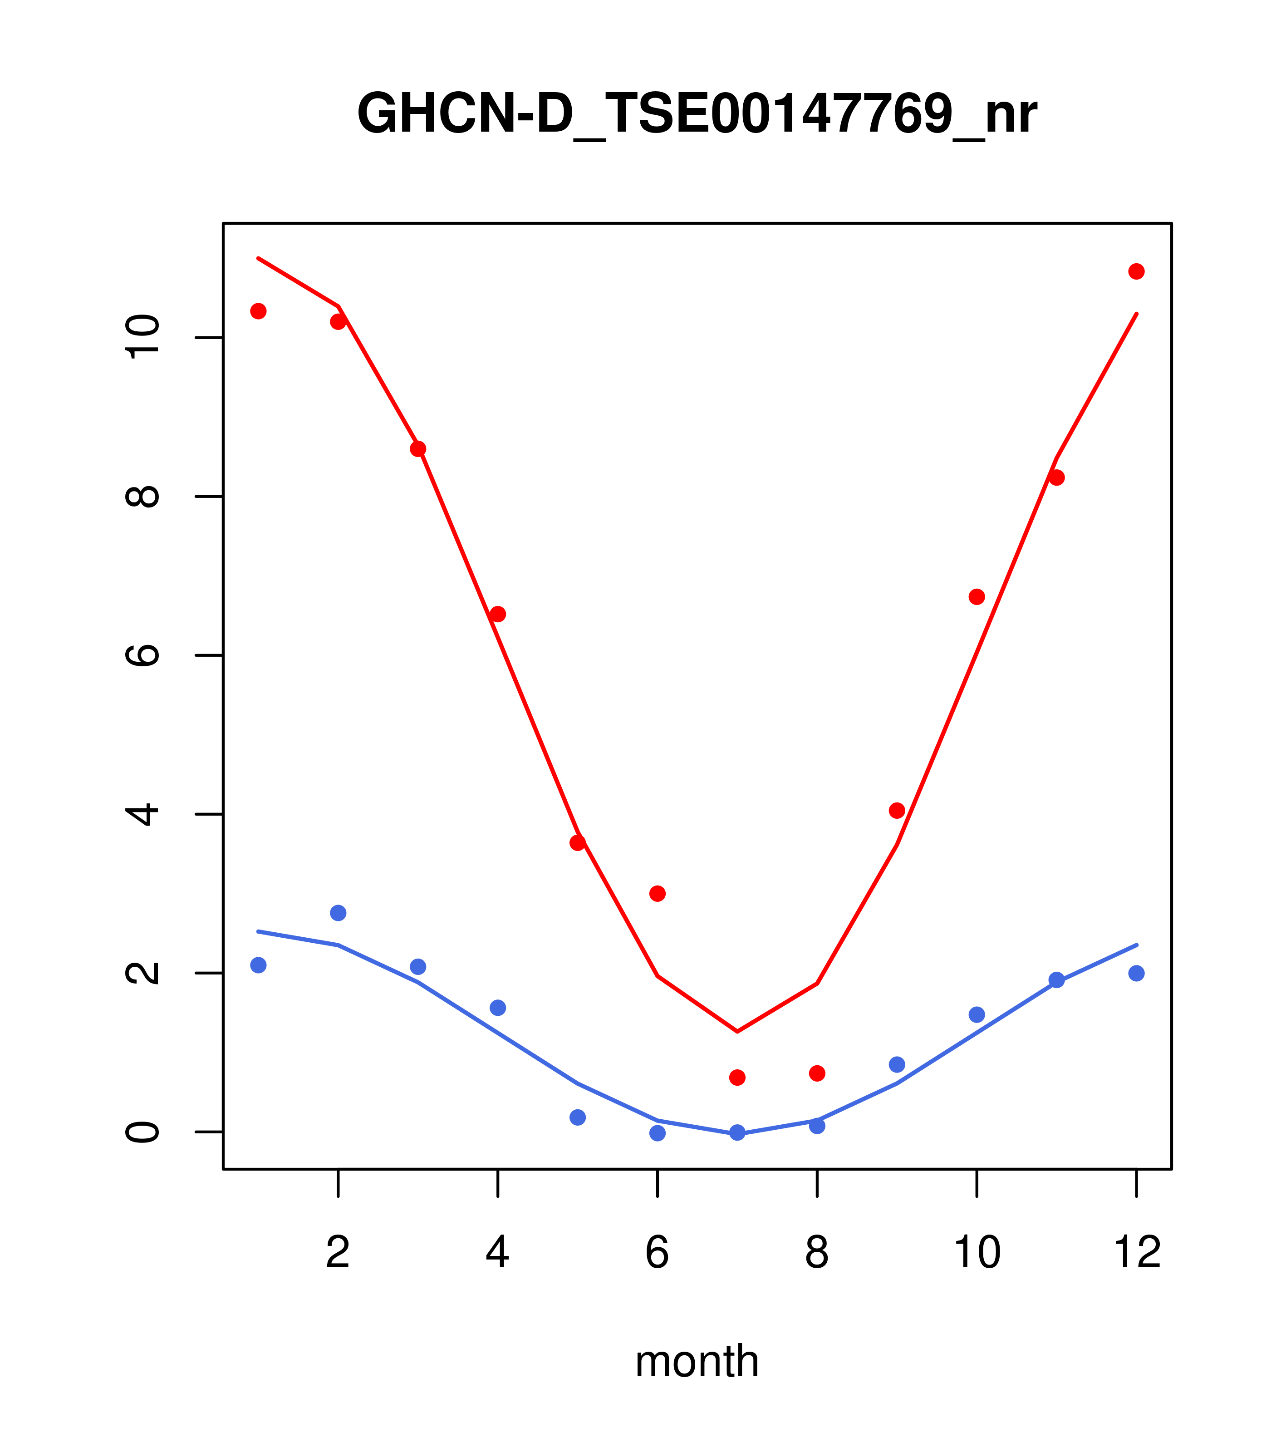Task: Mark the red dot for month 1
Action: coord(258,311)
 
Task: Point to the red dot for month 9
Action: coord(897,811)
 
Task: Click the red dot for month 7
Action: coord(737,1078)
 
